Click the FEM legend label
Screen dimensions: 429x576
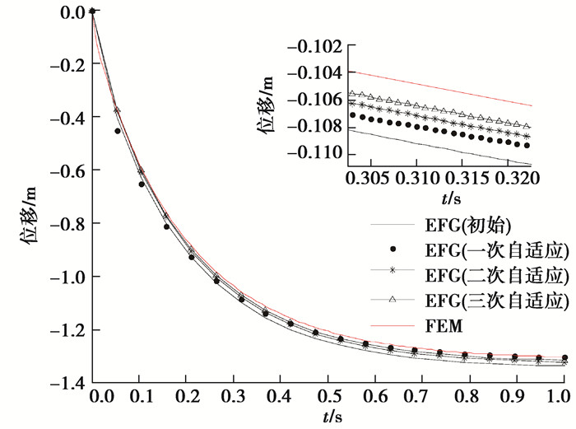point(444,326)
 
